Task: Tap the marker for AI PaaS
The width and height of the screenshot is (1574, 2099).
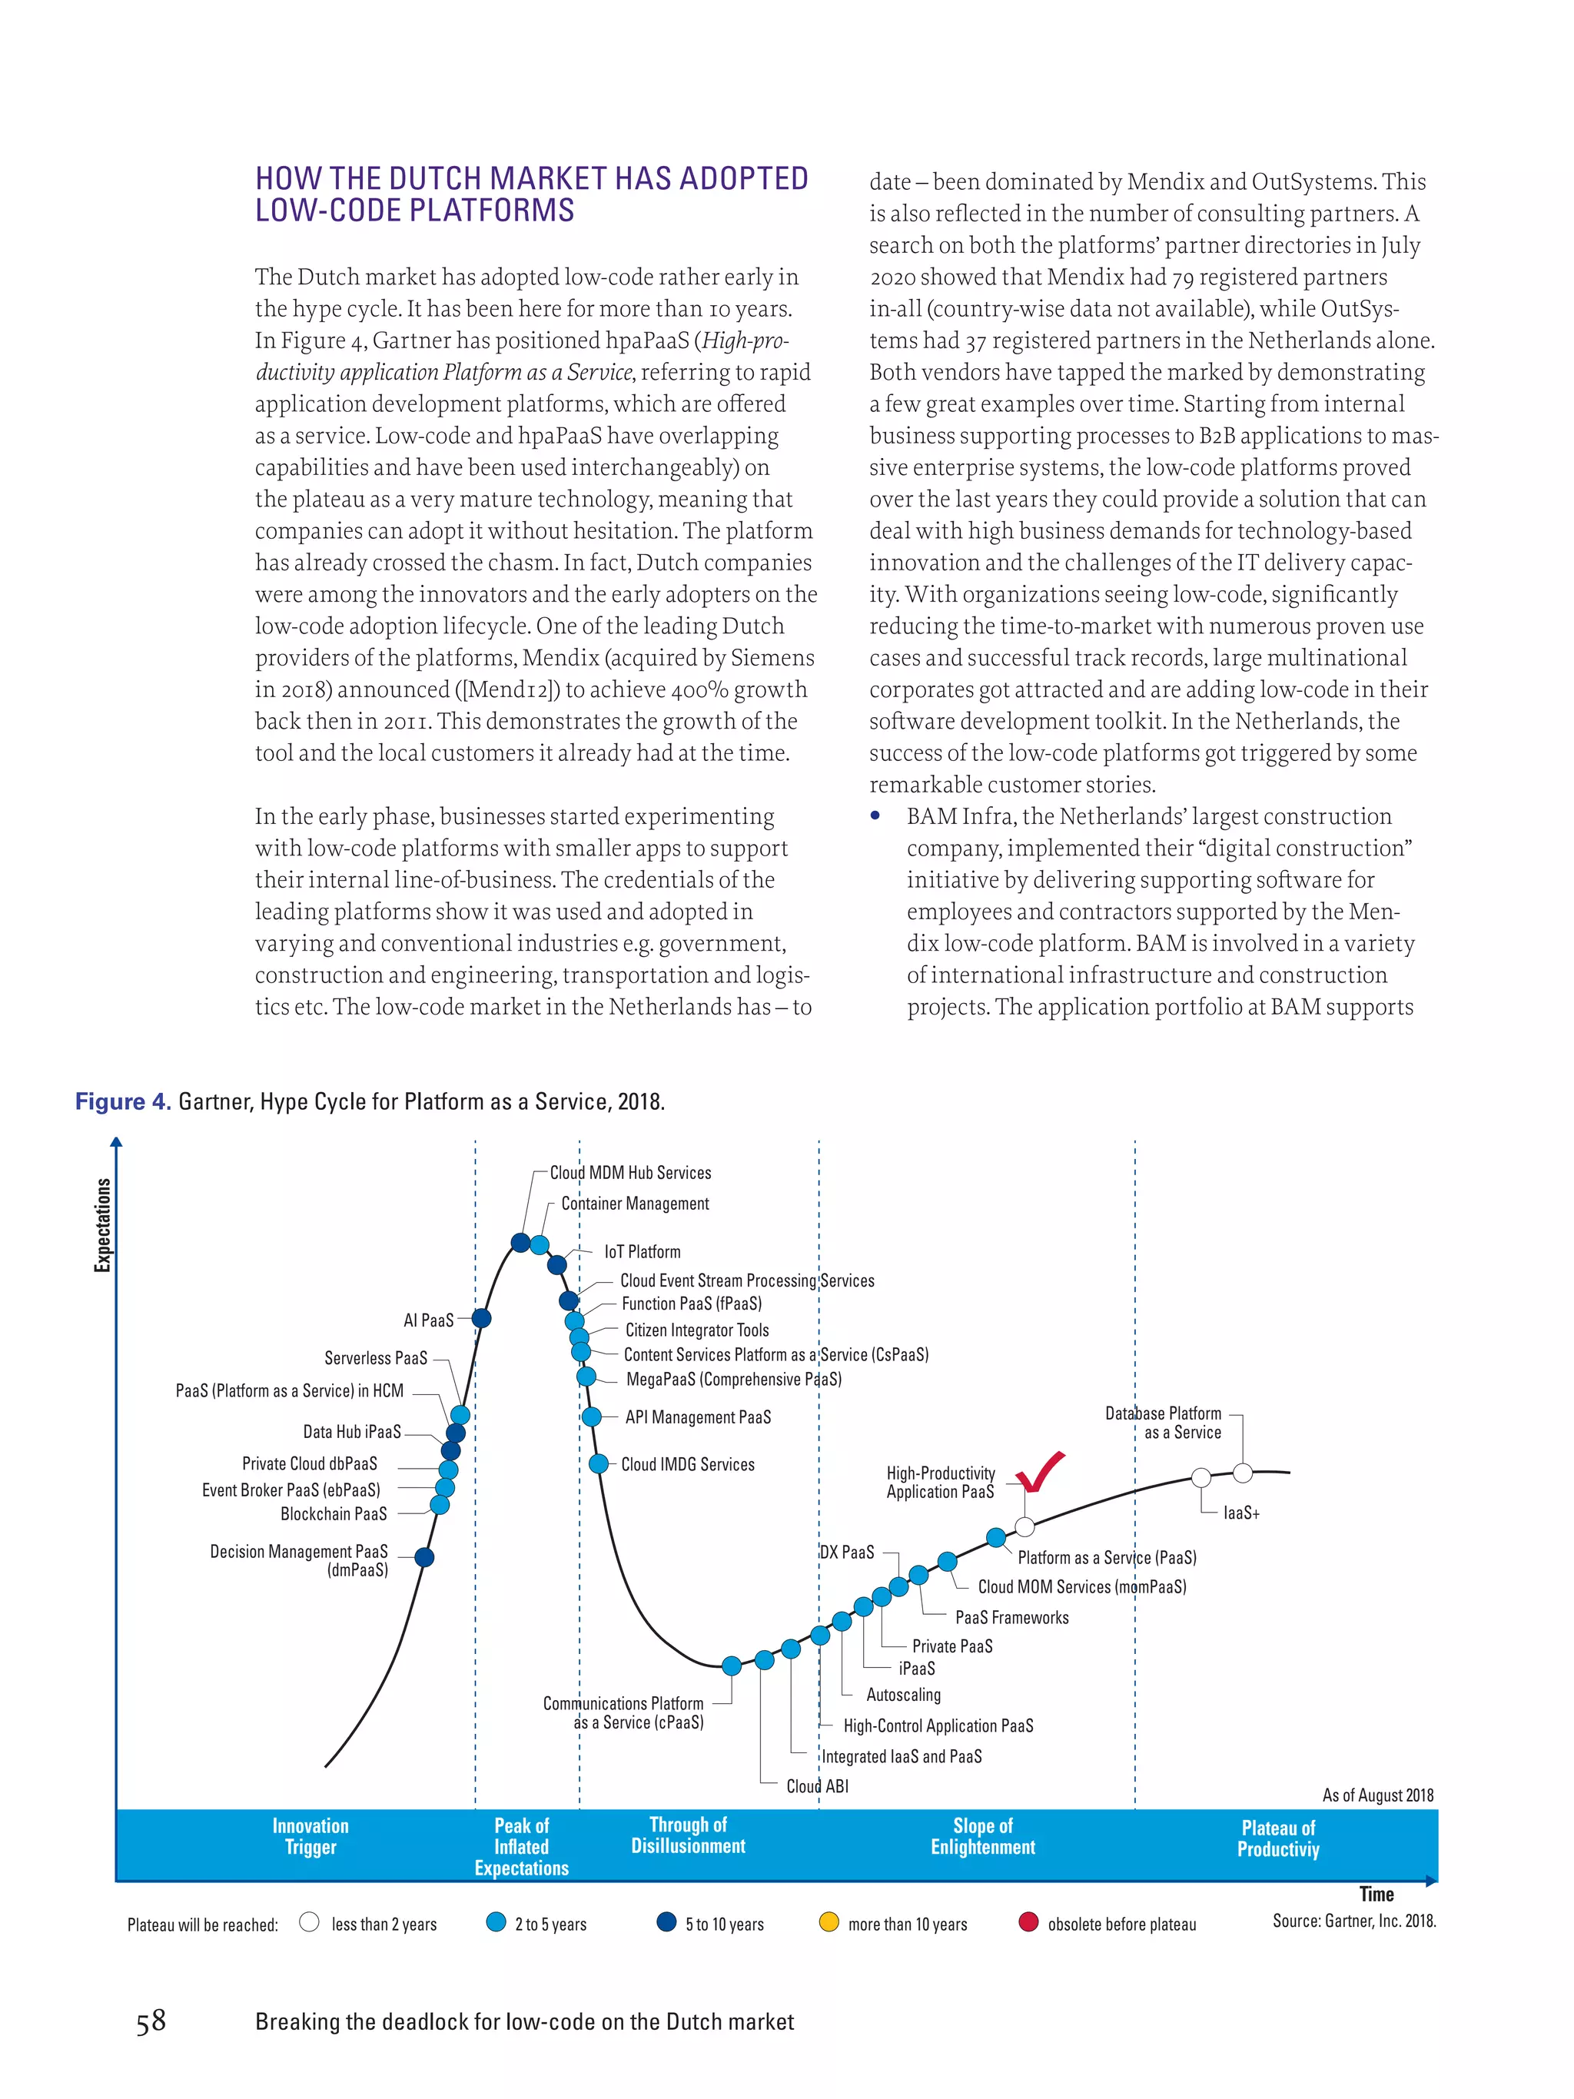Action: (x=481, y=1318)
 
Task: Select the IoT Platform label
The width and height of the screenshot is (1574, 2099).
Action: (x=643, y=1251)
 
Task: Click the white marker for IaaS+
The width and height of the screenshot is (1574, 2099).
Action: (x=1201, y=1477)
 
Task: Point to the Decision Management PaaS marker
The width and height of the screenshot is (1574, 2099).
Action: (x=424, y=1557)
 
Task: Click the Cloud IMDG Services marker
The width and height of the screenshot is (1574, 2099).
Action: (x=599, y=1464)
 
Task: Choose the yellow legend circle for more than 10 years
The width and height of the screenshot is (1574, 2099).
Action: (x=829, y=1922)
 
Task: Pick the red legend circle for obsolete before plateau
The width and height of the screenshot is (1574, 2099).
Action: (x=1028, y=1922)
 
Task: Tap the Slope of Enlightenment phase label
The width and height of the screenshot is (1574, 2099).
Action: (x=982, y=1836)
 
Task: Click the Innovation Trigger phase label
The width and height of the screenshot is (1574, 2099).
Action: (x=310, y=1836)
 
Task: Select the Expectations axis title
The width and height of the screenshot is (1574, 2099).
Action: (x=102, y=1224)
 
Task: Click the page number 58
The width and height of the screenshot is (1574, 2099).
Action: (x=151, y=2021)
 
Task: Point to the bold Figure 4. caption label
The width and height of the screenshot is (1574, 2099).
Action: (x=122, y=1101)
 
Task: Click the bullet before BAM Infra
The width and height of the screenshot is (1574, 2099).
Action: (x=875, y=816)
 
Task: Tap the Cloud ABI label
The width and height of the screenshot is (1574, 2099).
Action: (x=817, y=1786)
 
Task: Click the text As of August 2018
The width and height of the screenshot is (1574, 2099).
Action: (x=1377, y=1795)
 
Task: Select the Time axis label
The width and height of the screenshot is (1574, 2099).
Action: (x=1376, y=1894)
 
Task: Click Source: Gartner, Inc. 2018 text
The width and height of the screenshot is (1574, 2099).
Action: (x=1354, y=1921)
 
